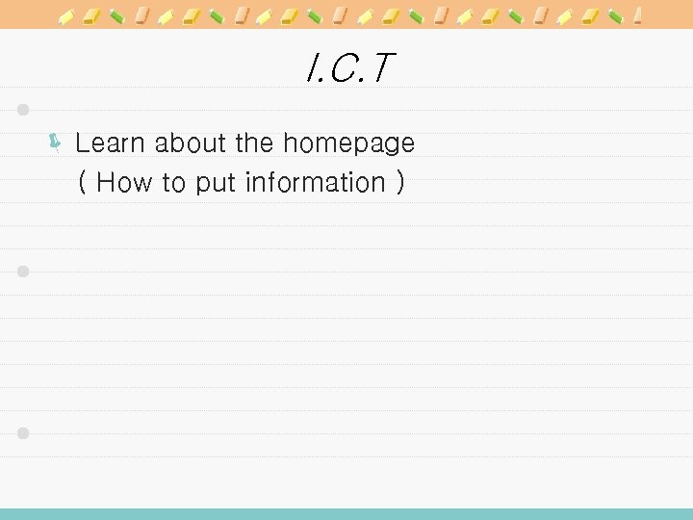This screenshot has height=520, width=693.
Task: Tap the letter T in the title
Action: [382, 68]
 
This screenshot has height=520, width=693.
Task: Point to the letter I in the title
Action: [308, 68]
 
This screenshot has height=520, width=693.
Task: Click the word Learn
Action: [111, 143]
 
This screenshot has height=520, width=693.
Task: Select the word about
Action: [191, 143]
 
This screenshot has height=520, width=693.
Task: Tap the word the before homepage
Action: [254, 143]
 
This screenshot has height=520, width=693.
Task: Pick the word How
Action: [125, 182]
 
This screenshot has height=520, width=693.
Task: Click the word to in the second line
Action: [173, 183]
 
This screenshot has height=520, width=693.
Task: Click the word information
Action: [315, 182]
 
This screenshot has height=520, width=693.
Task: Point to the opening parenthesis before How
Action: [83, 182]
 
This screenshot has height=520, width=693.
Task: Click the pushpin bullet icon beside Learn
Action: [56, 144]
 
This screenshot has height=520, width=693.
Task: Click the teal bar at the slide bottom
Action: [346, 513]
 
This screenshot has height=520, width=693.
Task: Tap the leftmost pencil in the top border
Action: [67, 15]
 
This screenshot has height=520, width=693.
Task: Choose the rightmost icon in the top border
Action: [638, 15]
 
